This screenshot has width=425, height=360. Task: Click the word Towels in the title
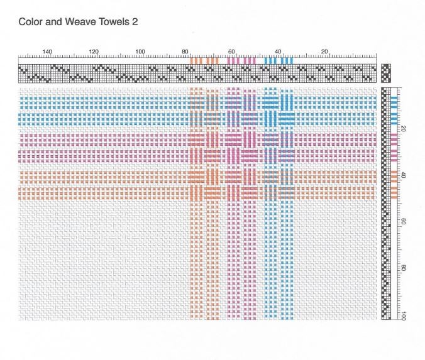click(x=114, y=21)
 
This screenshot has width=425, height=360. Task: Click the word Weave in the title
click(x=80, y=21)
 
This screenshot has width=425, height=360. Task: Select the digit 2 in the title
click(x=135, y=21)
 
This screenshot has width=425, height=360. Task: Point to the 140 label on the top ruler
click(x=47, y=52)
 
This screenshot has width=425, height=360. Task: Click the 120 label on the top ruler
click(x=94, y=52)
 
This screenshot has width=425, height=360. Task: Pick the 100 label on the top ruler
click(x=140, y=52)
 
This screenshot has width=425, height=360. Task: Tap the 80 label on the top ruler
click(x=185, y=52)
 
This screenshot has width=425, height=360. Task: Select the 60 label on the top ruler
click(x=231, y=52)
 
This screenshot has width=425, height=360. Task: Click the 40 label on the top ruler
click(x=278, y=52)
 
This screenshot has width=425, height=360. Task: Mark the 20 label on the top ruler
click(x=324, y=52)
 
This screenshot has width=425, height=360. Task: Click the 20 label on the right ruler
click(x=403, y=129)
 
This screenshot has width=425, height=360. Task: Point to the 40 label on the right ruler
click(x=403, y=175)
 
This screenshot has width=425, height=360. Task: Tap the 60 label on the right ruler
click(x=403, y=222)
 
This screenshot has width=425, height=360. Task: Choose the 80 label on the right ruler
click(x=403, y=268)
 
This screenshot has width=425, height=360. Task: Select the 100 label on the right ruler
click(x=403, y=316)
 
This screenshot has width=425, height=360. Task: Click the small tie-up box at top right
click(x=386, y=73)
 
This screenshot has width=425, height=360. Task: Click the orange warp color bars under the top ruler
click(x=204, y=61)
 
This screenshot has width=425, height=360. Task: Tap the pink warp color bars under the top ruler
click(x=241, y=61)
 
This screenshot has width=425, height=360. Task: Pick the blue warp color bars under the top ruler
click(x=279, y=61)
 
